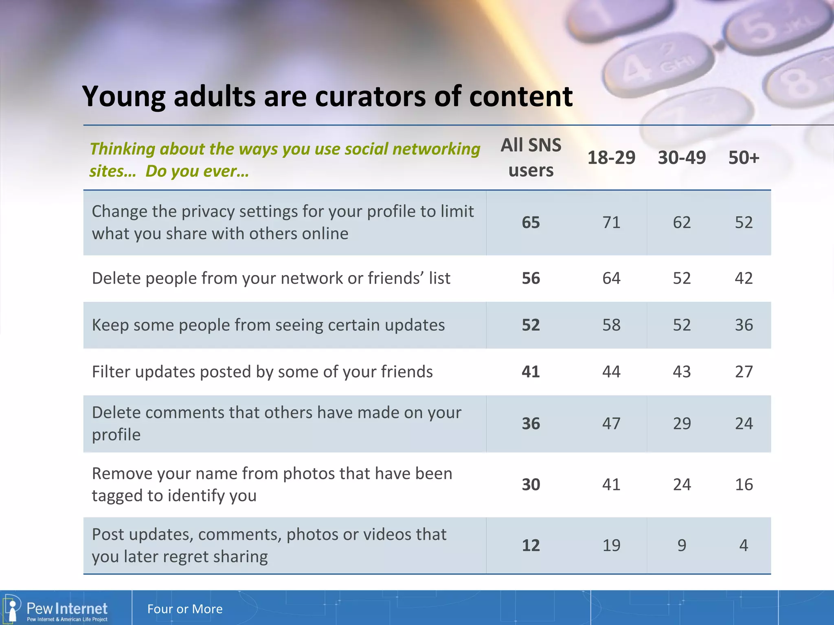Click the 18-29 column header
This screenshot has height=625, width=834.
611,157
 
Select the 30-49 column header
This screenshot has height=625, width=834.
682,157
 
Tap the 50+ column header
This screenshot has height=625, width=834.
744,157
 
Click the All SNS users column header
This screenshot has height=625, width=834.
531,157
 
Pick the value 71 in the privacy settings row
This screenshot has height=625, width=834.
611,222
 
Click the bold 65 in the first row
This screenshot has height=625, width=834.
531,222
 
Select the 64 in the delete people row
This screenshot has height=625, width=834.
611,278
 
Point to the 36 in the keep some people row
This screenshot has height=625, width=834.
744,325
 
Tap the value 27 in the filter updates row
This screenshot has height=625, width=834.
744,372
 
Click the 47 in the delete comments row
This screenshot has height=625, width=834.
611,424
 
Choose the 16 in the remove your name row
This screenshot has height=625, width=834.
744,484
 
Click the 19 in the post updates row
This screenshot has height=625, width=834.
611,545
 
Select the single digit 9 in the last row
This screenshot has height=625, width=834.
682,545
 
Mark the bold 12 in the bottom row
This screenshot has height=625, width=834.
531,545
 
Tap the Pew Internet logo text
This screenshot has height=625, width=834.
67,609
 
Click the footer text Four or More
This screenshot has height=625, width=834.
185,609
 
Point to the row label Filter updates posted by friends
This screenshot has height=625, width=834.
262,372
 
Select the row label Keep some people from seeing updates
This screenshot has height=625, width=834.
268,325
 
